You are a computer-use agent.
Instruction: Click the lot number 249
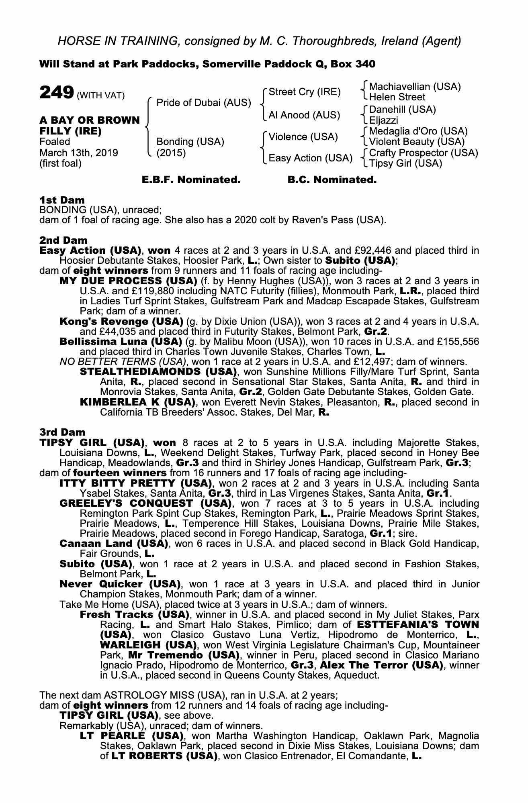pos(56,93)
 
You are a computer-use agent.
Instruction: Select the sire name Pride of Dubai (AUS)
pos(204,103)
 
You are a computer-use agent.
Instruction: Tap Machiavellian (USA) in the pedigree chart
pos(415,87)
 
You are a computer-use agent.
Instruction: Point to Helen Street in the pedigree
pos(397,97)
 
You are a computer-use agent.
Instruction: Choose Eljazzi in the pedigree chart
pos(383,120)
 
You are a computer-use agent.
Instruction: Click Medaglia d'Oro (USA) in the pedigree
pos(418,131)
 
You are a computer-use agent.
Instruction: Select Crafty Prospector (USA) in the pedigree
pos(423,153)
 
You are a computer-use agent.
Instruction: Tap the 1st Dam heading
pos(62,200)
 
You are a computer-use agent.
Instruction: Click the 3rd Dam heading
pos(62,432)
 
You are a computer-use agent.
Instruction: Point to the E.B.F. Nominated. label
pos(191,180)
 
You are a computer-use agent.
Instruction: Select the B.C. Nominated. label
pos(332,180)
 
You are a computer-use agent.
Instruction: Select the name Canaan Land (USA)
pos(113,544)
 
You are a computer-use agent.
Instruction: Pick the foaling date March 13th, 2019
pos(79,153)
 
